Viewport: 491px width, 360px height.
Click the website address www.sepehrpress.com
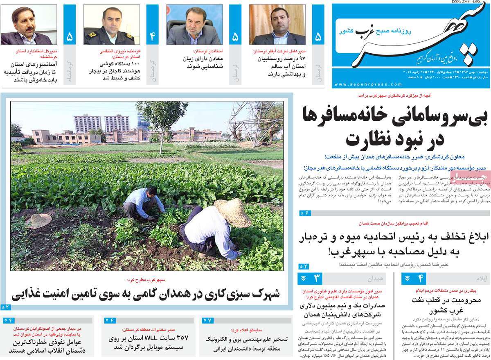click(368, 84)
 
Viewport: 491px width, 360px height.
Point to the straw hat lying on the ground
click(39, 221)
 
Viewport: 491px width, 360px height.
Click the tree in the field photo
click(163, 119)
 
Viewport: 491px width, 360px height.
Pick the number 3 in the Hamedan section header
click(316, 279)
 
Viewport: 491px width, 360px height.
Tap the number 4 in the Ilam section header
click(420, 279)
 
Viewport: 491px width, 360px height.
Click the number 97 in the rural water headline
click(300, 59)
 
